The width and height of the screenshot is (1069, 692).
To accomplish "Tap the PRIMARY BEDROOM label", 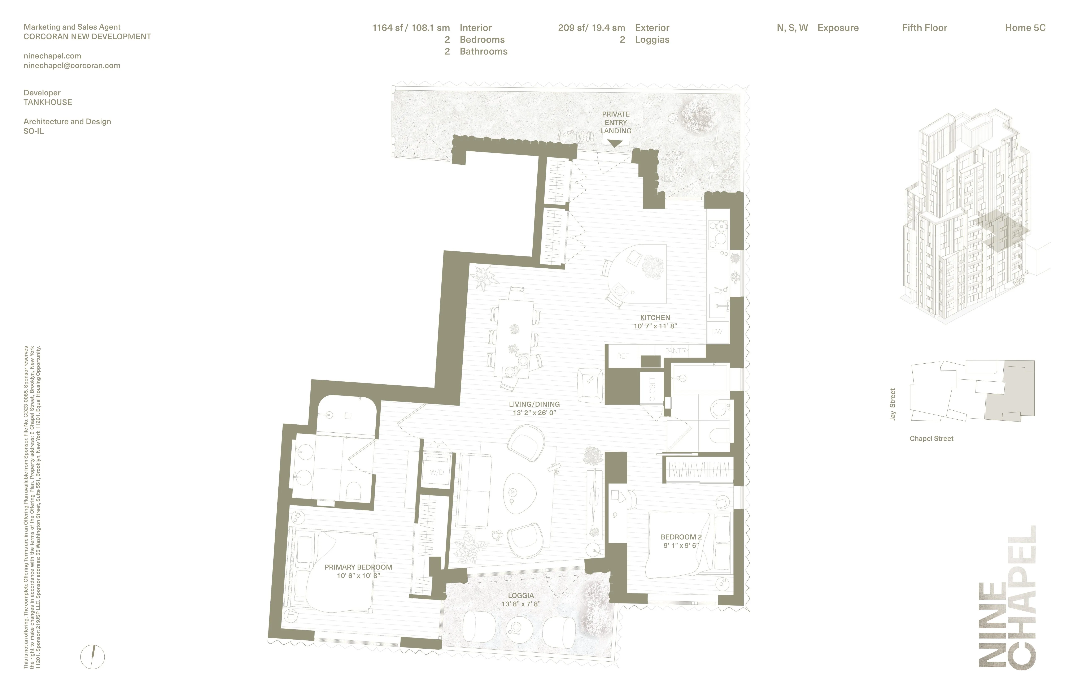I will pyautogui.click(x=358, y=567).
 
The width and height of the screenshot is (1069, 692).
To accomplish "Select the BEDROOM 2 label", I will pyautogui.click(x=681, y=537).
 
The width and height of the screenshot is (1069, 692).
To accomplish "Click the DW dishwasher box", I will pyautogui.click(x=717, y=332).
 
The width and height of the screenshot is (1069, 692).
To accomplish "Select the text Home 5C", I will pyautogui.click(x=1025, y=28).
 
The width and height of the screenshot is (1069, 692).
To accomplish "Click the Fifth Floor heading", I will pyautogui.click(x=924, y=28).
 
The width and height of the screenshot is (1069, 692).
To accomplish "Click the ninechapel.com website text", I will pyautogui.click(x=52, y=56).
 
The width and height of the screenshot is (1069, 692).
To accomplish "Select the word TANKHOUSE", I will pyautogui.click(x=48, y=102).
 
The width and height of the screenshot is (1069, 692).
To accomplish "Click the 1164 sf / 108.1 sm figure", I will pyautogui.click(x=411, y=28).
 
